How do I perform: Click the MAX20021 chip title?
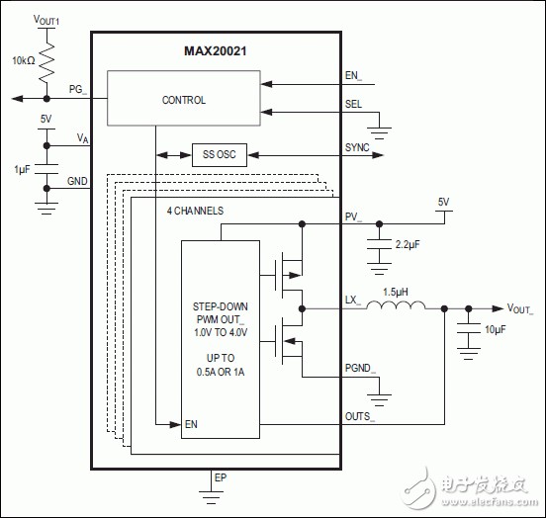pos(216,51)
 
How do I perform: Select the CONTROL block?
pos(184,98)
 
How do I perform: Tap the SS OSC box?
pos(220,155)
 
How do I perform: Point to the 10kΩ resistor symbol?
pos(46,62)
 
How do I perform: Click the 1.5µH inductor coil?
pos(396,304)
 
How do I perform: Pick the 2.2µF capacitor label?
pos(408,245)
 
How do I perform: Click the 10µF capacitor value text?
pos(496,329)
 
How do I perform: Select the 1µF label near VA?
pos(22,169)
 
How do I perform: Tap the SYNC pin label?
pos(357,147)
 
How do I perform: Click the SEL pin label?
pos(353,104)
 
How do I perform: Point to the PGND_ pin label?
pos(360,369)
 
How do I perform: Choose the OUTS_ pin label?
pos(360,417)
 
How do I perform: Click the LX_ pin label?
pos(352,301)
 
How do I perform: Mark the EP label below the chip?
pos(221,477)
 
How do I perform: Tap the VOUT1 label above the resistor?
pos(45,20)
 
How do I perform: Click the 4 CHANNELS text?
pos(195,211)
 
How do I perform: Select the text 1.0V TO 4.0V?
pos(221,332)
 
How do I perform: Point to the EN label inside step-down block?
pos(191,424)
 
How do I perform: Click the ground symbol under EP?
pos(211,497)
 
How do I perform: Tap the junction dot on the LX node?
pos(302,308)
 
